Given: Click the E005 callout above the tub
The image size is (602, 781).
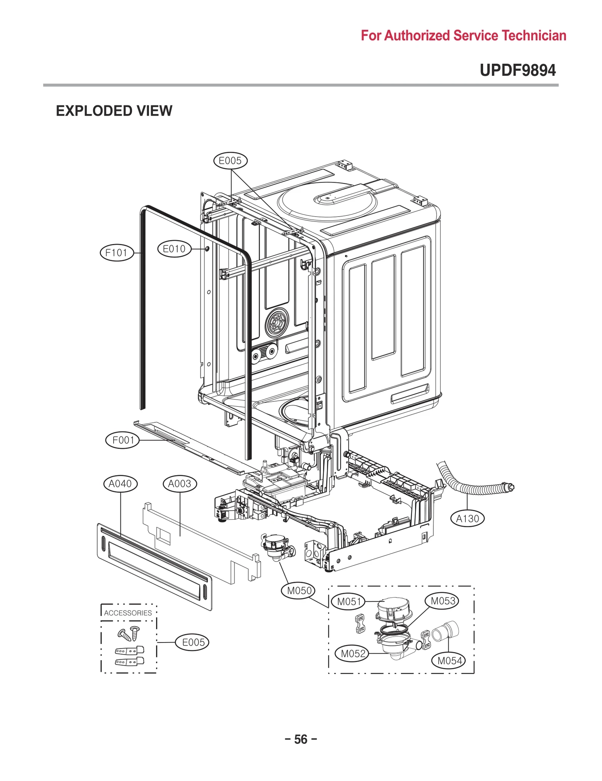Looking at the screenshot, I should (x=230, y=161).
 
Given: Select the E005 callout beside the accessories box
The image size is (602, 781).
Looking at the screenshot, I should (x=192, y=642).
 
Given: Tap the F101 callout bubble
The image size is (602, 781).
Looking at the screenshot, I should (x=117, y=252).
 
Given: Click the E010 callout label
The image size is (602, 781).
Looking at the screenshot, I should (x=174, y=249).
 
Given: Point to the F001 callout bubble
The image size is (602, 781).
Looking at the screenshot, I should (x=122, y=440).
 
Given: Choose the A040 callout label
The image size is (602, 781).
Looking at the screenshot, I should (x=120, y=484).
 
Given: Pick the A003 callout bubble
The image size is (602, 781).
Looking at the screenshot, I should (x=180, y=484).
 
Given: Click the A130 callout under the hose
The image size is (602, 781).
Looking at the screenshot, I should (x=467, y=519).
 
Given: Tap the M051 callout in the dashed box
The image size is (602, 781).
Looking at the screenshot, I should (x=348, y=601).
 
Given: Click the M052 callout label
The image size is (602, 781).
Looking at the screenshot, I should (x=352, y=653).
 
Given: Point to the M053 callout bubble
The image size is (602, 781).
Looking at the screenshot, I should (x=442, y=601).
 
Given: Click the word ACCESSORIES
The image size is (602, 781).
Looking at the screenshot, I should (x=128, y=613).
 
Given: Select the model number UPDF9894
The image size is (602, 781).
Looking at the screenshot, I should (x=517, y=70).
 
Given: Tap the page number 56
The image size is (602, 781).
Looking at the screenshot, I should (x=301, y=739).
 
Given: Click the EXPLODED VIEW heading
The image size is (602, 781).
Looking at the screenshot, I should (x=114, y=111).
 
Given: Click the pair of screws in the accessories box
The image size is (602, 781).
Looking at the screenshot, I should (x=129, y=634).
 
